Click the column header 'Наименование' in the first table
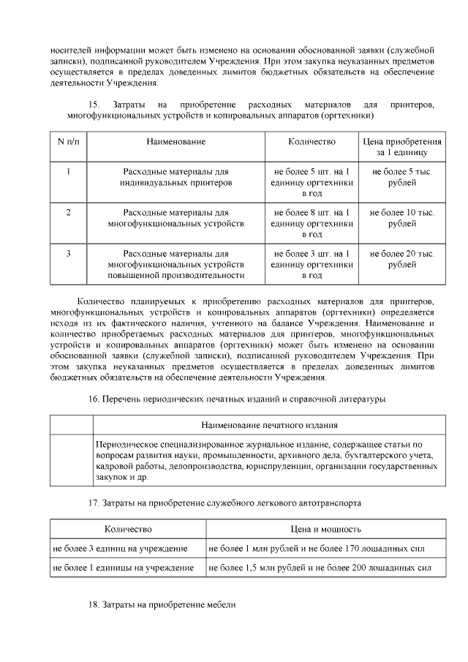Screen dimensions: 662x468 (x=175, y=141)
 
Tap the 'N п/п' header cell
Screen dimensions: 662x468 (x=68, y=141)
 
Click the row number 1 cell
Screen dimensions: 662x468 (x=68, y=172)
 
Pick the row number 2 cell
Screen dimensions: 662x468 (x=68, y=212)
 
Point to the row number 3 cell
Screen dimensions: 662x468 (x=68, y=254)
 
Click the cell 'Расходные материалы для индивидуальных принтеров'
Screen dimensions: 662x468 (x=175, y=177)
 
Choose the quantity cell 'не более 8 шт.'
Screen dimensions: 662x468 (x=312, y=223)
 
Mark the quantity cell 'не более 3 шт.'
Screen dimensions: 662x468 (x=312, y=264)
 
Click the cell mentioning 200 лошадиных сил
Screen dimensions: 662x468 (x=317, y=567)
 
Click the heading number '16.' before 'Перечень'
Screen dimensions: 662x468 (x=94, y=399)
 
